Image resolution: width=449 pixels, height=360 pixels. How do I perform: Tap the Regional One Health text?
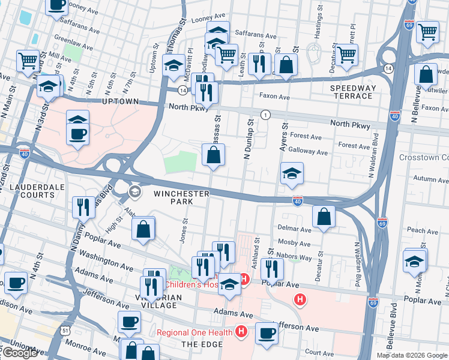(195, 332)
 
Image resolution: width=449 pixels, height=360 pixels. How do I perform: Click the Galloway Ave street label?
(308, 152)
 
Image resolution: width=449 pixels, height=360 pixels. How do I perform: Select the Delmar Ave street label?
(295, 229)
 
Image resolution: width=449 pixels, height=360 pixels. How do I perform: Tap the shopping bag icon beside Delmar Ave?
(324, 217)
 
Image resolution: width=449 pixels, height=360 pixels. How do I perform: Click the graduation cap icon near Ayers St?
(292, 173)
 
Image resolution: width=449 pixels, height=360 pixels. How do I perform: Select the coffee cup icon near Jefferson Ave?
(267, 333)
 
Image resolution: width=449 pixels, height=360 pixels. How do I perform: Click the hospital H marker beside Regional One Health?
(241, 331)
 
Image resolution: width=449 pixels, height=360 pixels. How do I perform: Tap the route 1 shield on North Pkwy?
(264, 114)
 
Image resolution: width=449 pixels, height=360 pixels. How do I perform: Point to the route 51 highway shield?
(64, 329)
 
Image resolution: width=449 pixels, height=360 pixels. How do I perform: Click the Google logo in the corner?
(20, 353)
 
